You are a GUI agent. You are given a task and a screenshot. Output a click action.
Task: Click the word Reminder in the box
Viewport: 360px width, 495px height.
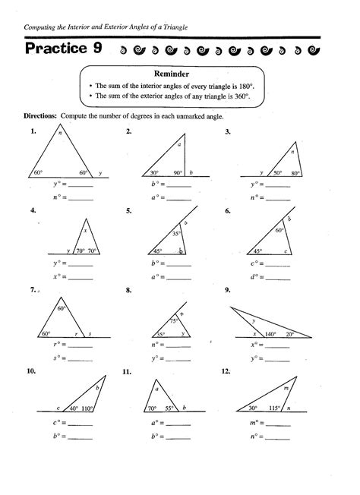click(179, 76)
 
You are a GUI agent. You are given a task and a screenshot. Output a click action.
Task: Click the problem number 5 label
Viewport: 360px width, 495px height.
click(130, 211)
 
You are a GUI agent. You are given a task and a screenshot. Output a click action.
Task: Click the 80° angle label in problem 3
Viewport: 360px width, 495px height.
click(295, 173)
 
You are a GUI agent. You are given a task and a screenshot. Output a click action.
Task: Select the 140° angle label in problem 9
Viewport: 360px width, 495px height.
click(269, 333)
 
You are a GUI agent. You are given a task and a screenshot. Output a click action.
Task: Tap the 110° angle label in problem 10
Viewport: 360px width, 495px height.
click(88, 408)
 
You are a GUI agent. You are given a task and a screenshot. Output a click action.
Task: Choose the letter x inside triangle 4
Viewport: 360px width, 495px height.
click(85, 230)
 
